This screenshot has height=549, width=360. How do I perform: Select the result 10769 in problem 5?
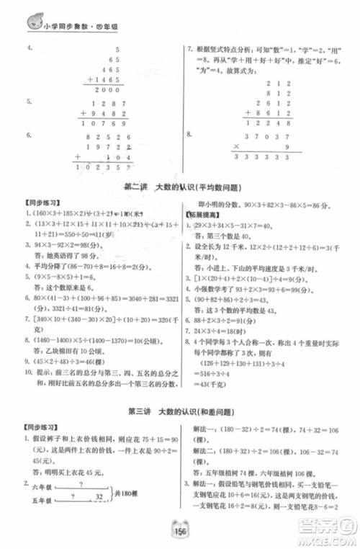pos(104,123)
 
